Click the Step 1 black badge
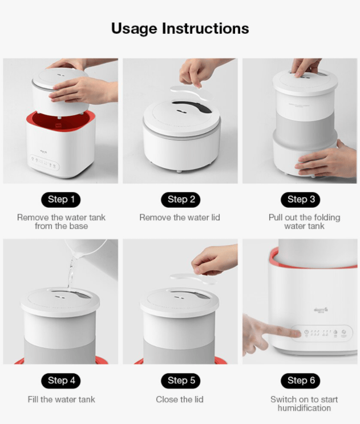click(x=61, y=200)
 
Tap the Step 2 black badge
click(x=180, y=200)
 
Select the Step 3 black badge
click(x=301, y=200)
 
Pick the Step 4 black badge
click(x=61, y=381)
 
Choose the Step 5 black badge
click(x=180, y=381)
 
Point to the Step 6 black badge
click(x=301, y=381)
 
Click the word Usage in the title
click(x=134, y=29)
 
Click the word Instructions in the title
click(x=205, y=28)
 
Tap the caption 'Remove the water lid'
click(x=180, y=217)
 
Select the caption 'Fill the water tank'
click(x=62, y=399)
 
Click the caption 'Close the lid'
click(x=180, y=399)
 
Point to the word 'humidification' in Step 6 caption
click(x=304, y=408)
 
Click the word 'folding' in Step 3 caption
click(x=327, y=218)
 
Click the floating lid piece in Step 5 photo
click(x=193, y=279)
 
